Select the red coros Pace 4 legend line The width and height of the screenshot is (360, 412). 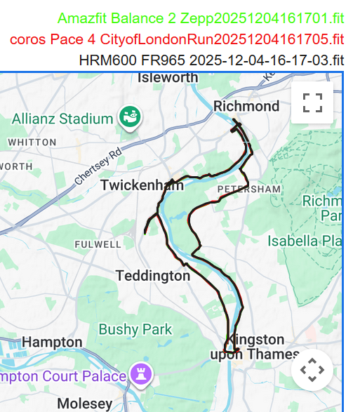coord(177,39)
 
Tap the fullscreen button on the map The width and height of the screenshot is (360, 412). coord(312,102)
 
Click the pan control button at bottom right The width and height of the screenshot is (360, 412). coord(312,369)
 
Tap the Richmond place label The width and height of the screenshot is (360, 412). coord(246,106)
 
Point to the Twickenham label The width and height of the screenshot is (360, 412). coord(142,185)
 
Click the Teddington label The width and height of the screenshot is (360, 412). coord(152,276)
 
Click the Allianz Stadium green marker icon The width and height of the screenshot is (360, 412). coord(130,115)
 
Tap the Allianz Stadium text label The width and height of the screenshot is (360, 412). coord(62,119)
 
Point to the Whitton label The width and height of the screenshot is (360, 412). coord(32,142)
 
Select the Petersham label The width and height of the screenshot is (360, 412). coord(248,190)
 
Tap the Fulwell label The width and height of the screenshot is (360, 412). coord(98,244)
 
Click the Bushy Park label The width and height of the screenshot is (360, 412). coord(135,328)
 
